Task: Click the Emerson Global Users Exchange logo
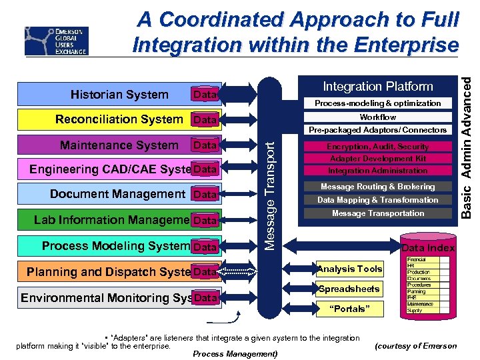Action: [57, 41]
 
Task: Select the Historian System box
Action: [120, 94]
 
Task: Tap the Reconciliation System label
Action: [119, 119]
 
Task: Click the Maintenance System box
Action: [120, 145]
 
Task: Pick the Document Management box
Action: [117, 194]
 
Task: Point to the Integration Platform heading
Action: [377, 86]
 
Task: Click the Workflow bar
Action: [377, 117]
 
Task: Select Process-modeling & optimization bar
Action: [377, 103]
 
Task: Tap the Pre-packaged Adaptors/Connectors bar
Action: [377, 130]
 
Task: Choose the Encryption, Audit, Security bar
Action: [377, 146]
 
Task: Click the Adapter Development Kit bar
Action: [377, 159]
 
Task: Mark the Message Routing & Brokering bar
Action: [377, 187]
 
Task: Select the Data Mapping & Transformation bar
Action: [377, 200]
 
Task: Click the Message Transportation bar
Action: [377, 213]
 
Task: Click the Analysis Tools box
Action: [350, 269]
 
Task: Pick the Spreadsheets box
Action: [349, 289]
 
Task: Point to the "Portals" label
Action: [349, 309]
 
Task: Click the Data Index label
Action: [427, 248]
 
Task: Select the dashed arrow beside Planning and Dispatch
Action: [237, 271]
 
